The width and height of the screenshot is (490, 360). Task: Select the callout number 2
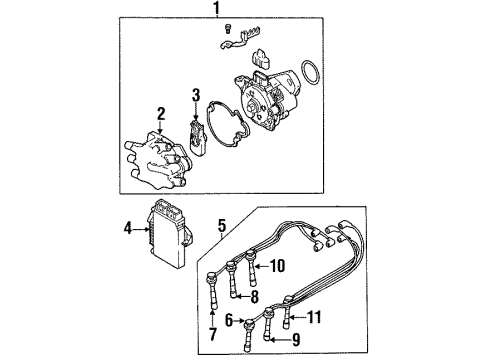(159, 114)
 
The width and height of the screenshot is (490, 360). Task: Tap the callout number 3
(197, 96)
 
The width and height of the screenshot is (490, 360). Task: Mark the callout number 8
(255, 297)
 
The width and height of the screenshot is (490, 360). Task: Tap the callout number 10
(279, 265)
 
